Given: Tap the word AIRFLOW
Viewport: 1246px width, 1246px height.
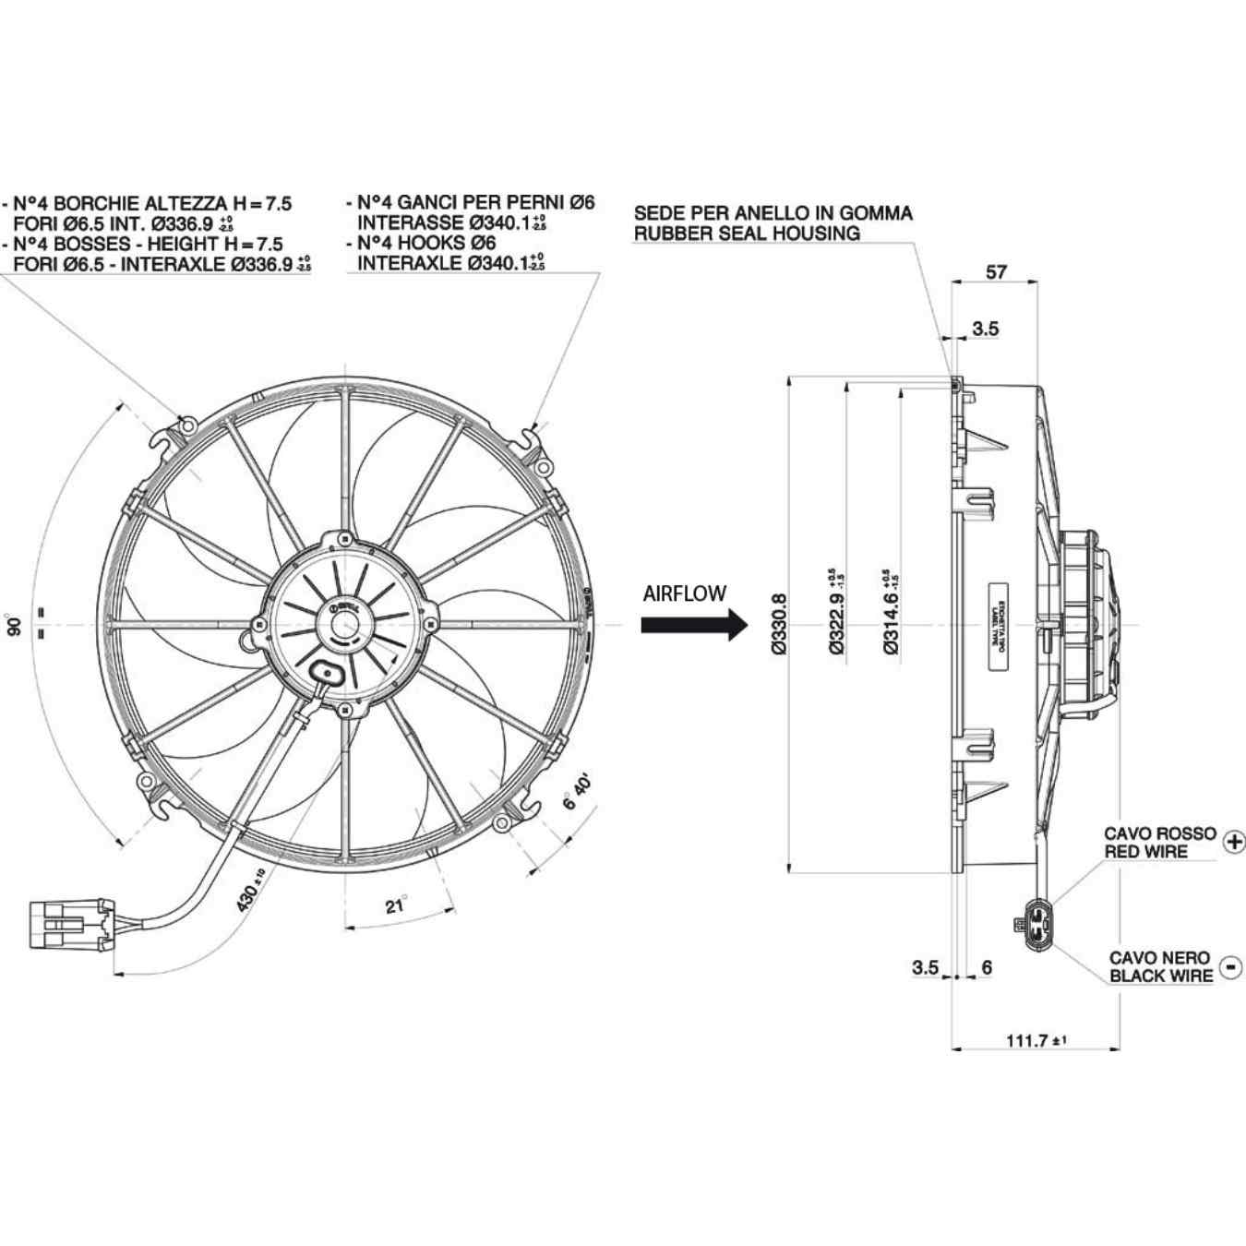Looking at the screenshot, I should pos(684,593).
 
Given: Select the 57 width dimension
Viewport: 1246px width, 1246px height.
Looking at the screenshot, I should pos(996,271).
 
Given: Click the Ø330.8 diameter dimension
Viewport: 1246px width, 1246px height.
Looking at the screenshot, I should pos(778,624).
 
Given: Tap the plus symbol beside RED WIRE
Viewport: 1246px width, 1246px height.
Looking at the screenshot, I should pos(1233,841).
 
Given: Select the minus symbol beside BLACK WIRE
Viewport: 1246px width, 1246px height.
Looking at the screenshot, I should pos(1231,966).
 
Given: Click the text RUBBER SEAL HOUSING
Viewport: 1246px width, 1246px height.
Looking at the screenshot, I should pos(747,234).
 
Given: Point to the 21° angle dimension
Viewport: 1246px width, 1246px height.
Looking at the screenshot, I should pos(396,905).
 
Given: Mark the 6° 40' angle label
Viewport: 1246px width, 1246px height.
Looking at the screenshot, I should pos(578,793).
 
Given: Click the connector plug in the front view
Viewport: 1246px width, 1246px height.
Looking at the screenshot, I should pos(72,924).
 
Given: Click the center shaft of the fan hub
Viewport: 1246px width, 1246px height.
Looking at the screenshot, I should pos(345,625).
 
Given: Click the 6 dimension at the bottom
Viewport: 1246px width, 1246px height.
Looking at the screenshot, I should pos(987,967).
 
